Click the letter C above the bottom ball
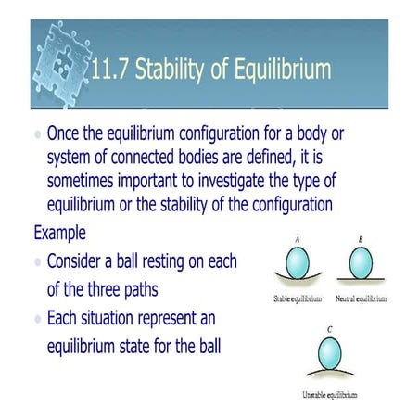[x=329, y=327]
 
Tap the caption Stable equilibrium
[x=298, y=299]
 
